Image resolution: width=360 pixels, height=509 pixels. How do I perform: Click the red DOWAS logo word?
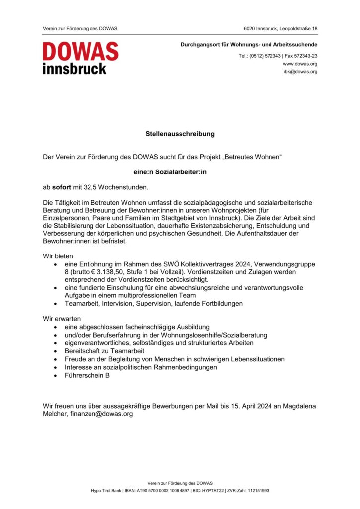[x=81, y=52]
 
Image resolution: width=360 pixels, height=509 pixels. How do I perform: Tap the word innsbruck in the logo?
[x=75, y=68]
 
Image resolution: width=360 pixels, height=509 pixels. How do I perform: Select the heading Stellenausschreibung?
[x=180, y=134]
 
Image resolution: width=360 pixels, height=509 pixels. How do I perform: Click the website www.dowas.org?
[x=300, y=64]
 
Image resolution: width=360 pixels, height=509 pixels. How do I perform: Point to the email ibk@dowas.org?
[x=300, y=71]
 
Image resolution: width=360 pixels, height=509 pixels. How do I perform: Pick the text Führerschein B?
[x=87, y=375]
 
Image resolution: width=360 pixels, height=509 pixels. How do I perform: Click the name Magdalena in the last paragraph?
[x=297, y=406]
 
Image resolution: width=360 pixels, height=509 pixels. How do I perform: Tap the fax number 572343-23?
[x=305, y=56]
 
